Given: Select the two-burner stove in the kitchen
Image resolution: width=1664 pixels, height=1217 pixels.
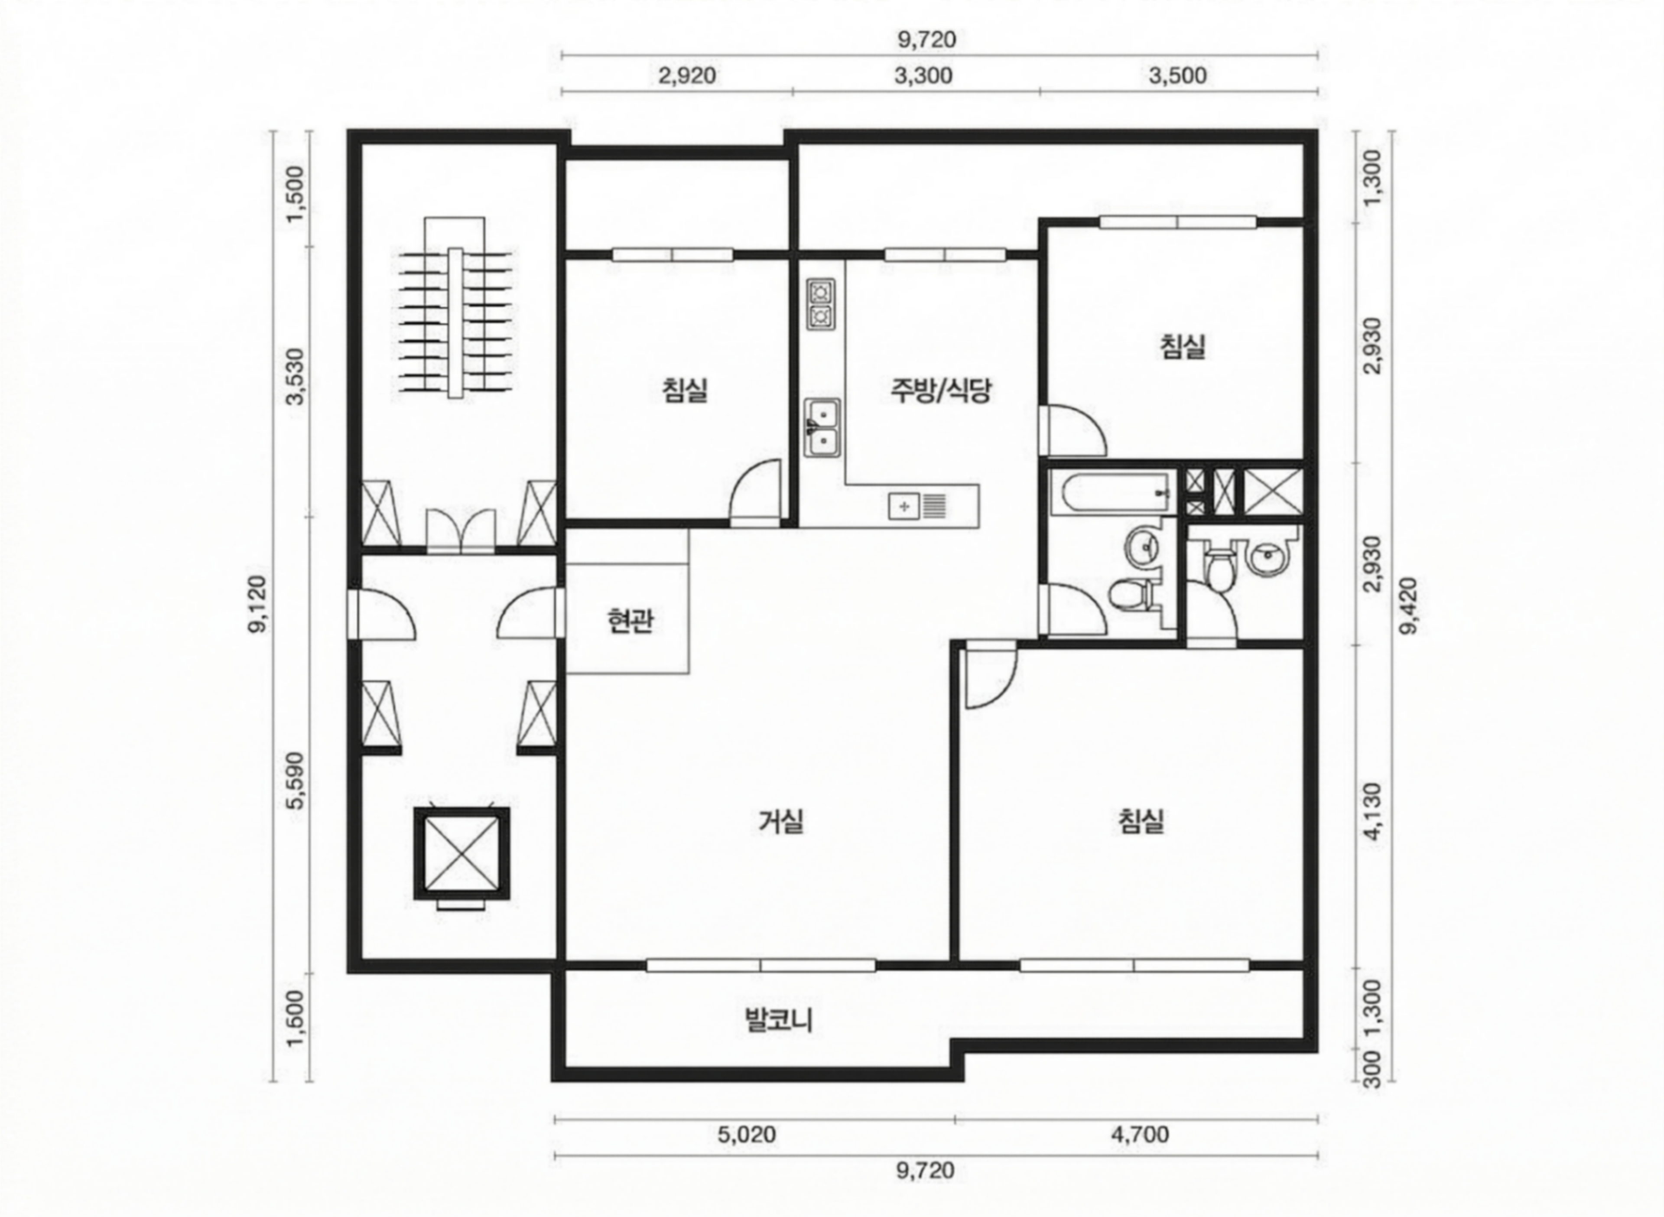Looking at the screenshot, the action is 820,304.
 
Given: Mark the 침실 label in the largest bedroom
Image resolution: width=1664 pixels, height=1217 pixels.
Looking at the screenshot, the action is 1140,821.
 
